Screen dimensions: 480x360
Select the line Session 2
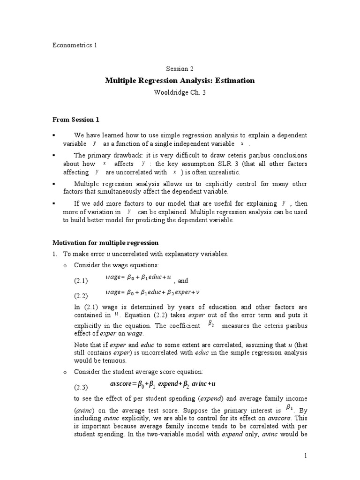pos(180,68)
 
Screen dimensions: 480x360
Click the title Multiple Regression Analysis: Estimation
pos(180,81)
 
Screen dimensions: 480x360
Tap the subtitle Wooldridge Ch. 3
pos(180,92)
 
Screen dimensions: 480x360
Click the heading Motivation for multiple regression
pos(105,243)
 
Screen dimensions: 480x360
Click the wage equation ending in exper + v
pos(153,292)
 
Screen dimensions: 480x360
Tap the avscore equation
pos(162,384)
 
